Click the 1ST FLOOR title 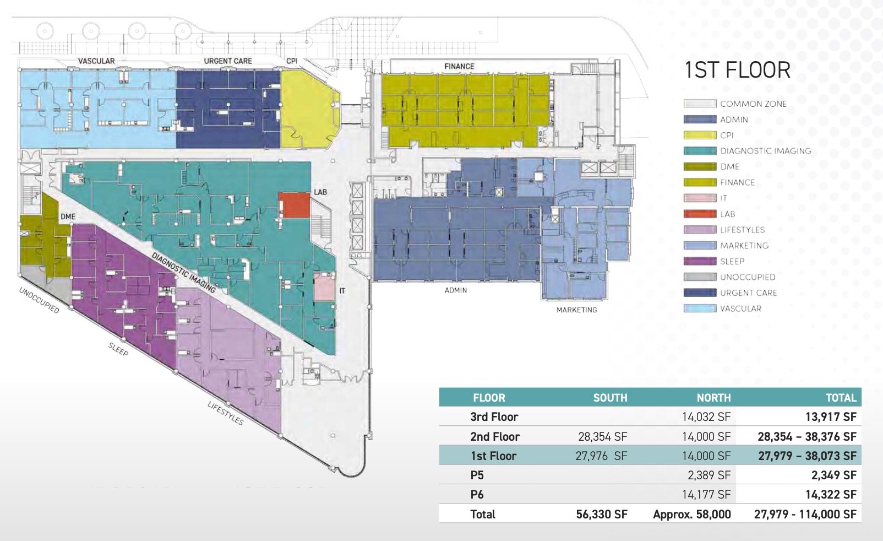(x=738, y=70)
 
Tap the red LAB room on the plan (x=294, y=205)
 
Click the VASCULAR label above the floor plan (x=96, y=61)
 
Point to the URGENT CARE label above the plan (x=228, y=61)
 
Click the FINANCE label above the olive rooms (x=459, y=66)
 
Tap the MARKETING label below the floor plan (x=577, y=310)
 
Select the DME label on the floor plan (x=68, y=217)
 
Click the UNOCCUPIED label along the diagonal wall (x=39, y=300)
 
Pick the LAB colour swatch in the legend (x=700, y=214)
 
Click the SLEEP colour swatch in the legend (x=700, y=261)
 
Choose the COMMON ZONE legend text (x=753, y=104)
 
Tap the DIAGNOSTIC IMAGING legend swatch (x=700, y=151)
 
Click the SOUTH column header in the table (x=610, y=398)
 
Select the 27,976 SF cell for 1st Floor (x=601, y=456)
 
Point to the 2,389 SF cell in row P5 (x=709, y=475)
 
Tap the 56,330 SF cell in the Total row (x=602, y=515)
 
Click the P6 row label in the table (x=477, y=495)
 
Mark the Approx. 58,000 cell (x=692, y=515)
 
